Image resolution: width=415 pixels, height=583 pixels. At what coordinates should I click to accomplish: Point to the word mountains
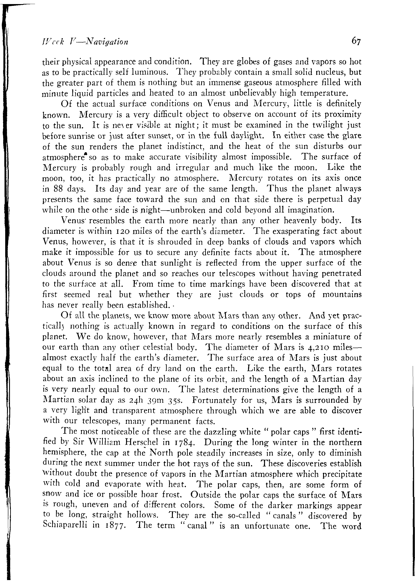(x=342, y=295)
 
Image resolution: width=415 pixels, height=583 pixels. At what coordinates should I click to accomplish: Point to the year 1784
(x=183, y=443)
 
